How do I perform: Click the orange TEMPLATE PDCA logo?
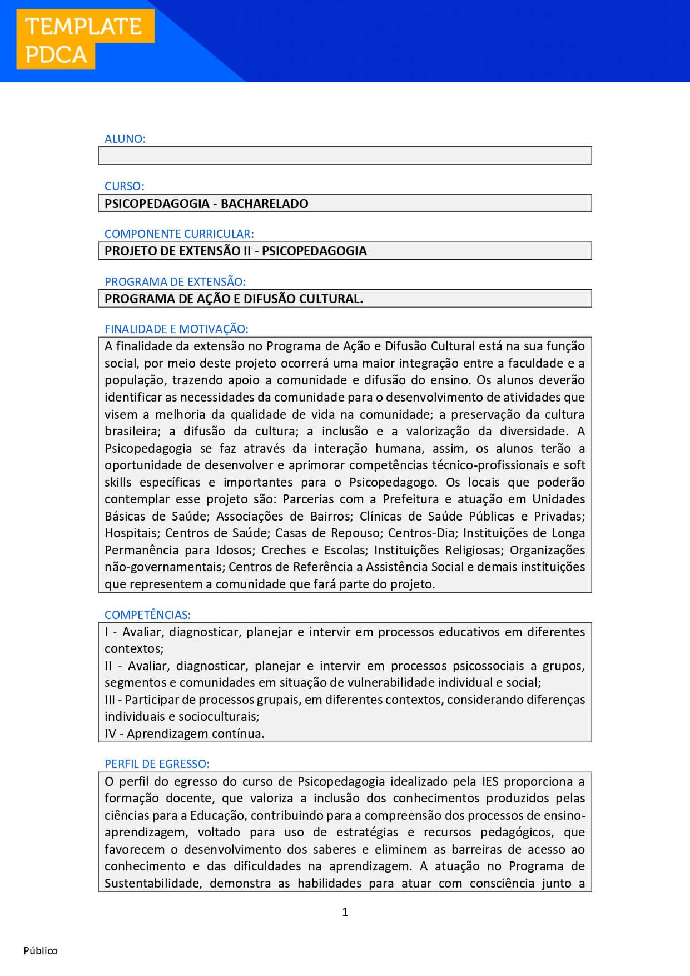click(x=85, y=40)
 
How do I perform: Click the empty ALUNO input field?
click(x=345, y=155)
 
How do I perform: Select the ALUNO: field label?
click(x=125, y=139)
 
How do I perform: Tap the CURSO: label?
click(x=124, y=186)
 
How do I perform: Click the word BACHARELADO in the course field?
click(x=264, y=204)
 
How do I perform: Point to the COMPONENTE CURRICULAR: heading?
click(x=179, y=234)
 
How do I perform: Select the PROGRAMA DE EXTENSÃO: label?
click(x=175, y=281)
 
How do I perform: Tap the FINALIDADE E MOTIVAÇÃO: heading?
click(x=176, y=329)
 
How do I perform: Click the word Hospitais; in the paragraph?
click(x=132, y=533)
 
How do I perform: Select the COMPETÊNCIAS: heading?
click(x=147, y=615)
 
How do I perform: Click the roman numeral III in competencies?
click(x=110, y=700)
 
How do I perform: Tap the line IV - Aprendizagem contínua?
click(x=184, y=734)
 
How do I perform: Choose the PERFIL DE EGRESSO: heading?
click(x=157, y=764)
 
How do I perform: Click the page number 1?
click(x=345, y=912)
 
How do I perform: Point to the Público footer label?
click(x=41, y=951)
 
